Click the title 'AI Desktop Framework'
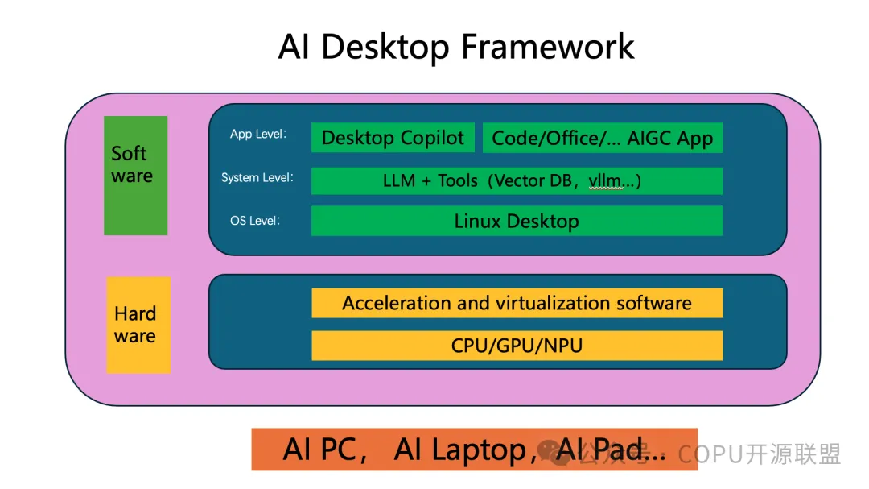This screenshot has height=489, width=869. click(x=456, y=47)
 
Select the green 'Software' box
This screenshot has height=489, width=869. click(x=135, y=175)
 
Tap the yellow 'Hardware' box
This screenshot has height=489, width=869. click(x=138, y=325)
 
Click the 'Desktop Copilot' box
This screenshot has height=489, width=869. click(x=393, y=138)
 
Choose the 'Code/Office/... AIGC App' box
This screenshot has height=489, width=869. click(x=602, y=138)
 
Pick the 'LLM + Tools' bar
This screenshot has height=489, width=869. click(x=517, y=180)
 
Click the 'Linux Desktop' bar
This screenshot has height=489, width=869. click(x=517, y=221)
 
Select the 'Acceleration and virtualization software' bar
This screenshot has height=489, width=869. click(x=517, y=303)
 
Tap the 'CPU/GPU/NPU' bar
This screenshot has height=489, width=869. click(x=517, y=346)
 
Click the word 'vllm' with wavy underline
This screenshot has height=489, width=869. click(x=605, y=181)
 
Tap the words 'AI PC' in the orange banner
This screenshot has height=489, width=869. click(x=319, y=450)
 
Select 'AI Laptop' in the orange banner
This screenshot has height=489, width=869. click(x=459, y=450)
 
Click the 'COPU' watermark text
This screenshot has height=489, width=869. click(x=709, y=454)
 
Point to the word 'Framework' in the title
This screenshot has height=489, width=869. click(x=548, y=47)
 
